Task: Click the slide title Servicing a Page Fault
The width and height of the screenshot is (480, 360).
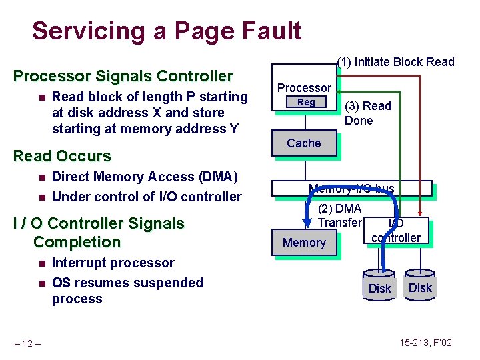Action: point(167,31)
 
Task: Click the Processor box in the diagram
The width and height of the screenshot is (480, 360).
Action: point(304,88)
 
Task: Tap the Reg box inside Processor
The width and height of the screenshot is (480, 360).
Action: point(306,103)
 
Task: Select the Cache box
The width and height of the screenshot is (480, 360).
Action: point(303,143)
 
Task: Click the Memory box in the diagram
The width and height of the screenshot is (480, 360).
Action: point(303,243)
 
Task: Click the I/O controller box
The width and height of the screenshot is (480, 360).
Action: point(396,231)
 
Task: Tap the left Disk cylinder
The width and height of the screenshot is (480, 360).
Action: point(380,284)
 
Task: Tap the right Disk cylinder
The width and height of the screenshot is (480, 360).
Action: point(420,283)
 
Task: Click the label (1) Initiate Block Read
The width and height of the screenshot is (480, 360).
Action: point(395,63)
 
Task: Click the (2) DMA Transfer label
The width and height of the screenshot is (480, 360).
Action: point(339,216)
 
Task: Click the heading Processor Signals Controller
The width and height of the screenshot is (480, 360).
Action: point(123,76)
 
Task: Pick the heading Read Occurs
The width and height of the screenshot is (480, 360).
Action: point(62,156)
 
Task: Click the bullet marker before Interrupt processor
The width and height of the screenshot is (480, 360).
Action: point(41,263)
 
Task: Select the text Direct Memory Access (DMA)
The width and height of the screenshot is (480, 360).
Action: point(144,177)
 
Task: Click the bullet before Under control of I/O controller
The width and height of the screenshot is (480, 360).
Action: point(41,197)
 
